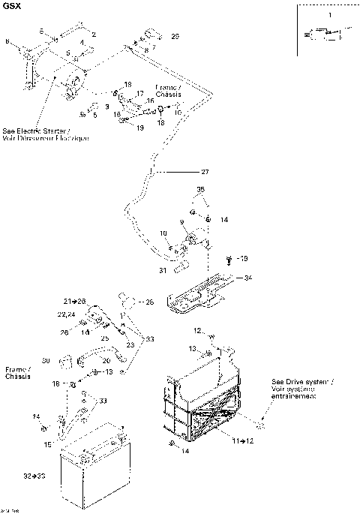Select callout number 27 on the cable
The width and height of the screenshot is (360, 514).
[x=205, y=173]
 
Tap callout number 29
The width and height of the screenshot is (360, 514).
[x=175, y=36]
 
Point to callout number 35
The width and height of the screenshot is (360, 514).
[x=200, y=189]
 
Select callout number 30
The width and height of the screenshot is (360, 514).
[x=46, y=360]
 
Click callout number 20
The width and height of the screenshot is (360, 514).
[x=106, y=360]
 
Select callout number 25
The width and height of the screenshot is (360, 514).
[x=105, y=338]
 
